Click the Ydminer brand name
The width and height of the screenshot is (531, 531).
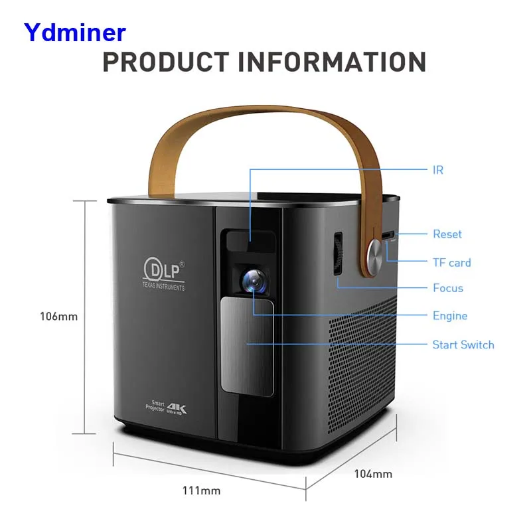tap(74, 32)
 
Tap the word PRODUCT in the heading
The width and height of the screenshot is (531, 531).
tap(165, 62)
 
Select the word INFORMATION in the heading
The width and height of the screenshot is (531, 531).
tap(332, 62)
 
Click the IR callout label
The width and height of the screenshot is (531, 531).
tap(437, 170)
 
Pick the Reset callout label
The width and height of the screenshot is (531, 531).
tap(447, 234)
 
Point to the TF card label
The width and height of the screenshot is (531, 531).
tap(451, 262)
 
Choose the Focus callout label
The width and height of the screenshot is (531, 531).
tap(447, 288)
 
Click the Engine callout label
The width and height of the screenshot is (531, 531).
tap(450, 316)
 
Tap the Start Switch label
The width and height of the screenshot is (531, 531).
tap(463, 344)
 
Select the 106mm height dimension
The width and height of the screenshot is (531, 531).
tap(59, 317)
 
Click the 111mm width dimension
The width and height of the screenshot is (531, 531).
tap(201, 491)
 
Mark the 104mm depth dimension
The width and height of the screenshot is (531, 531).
tap(373, 474)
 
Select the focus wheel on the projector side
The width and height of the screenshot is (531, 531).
tap(338, 254)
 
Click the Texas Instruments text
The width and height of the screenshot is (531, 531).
tap(163, 287)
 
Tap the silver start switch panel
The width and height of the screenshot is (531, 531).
tap(247, 344)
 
